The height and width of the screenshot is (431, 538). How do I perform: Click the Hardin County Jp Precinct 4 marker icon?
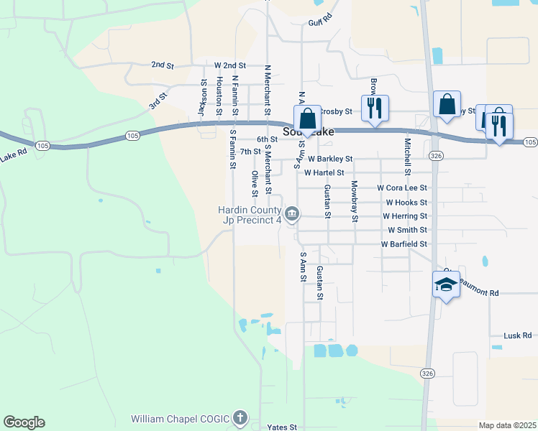coord(293,213)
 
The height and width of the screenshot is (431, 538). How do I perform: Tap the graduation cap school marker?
coord(446,285)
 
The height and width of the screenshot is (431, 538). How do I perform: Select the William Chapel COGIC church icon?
coord(240,418)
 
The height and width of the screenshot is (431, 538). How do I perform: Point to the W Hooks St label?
coord(406,203)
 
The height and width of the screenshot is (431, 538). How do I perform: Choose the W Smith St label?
coord(407,231)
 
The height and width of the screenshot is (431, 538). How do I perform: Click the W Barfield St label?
coord(404,244)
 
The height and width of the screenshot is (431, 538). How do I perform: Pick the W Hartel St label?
coord(324,173)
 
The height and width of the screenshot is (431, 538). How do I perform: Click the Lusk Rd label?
coord(517,335)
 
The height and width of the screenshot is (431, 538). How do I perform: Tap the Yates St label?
coord(282,427)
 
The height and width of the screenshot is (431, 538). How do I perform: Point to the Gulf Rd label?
coord(320,19)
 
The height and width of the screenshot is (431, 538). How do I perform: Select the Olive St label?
coord(255,184)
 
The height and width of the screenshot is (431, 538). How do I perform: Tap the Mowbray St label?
coord(354,201)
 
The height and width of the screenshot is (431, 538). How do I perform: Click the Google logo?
coord(24,422)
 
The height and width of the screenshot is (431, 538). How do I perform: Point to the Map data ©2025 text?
coord(507,425)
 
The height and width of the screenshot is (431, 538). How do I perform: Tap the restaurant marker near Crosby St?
coord(374,108)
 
